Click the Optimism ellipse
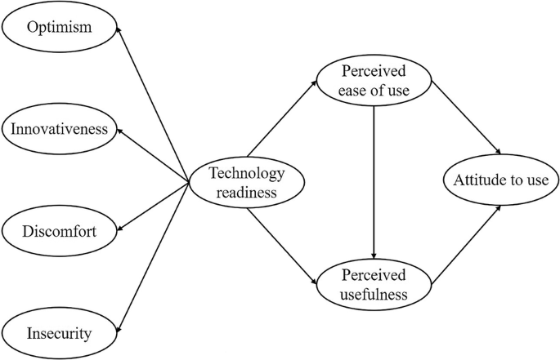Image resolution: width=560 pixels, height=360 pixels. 58,27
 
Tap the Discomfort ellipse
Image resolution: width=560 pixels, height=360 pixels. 60,232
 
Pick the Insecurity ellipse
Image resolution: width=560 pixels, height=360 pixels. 58,333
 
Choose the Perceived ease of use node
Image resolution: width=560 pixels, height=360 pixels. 373,80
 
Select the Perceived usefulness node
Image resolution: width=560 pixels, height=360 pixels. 374,282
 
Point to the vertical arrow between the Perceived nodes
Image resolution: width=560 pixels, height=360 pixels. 374,181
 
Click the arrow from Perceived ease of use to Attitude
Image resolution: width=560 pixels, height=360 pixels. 466,117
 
